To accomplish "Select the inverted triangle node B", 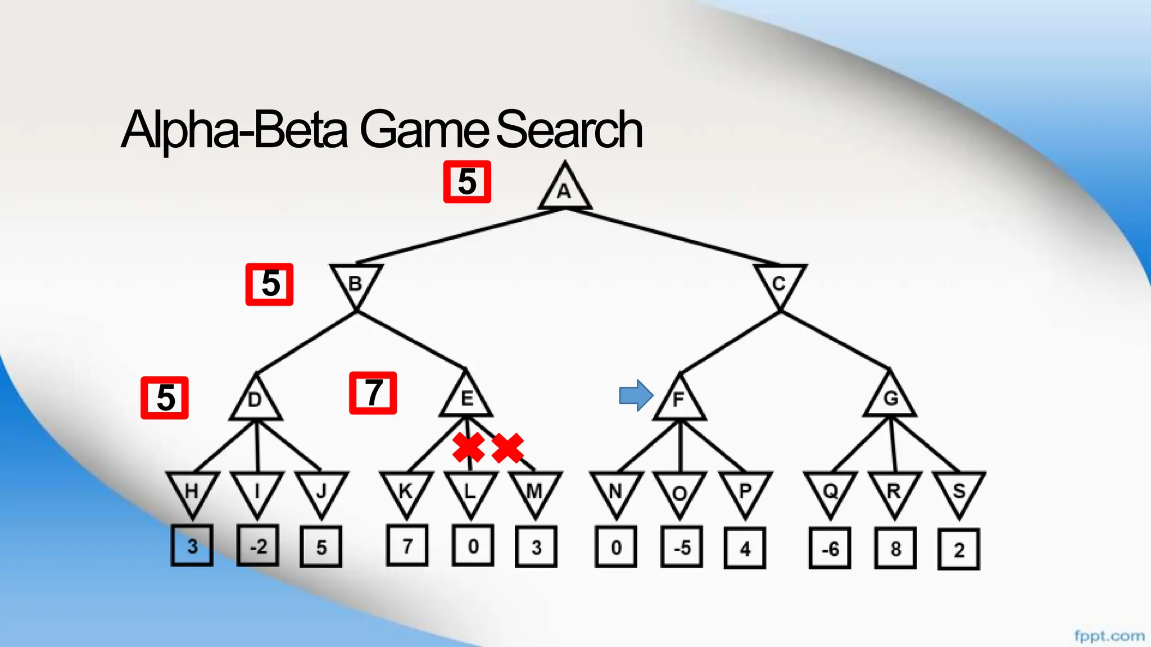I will tap(356, 283).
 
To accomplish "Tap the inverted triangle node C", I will tap(780, 283).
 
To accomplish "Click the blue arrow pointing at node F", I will tap(636, 395).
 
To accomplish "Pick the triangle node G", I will tap(890, 398).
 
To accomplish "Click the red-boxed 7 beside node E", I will tap(373, 393).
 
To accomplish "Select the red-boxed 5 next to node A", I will tap(467, 182).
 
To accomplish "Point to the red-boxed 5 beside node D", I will tap(165, 398).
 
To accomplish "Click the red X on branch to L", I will tap(469, 448).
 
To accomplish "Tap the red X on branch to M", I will tap(507, 448).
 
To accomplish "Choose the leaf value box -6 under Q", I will tap(830, 548).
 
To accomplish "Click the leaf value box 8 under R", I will tap(895, 548).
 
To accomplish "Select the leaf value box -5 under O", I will tap(681, 547).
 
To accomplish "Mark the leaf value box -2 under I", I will tap(258, 546).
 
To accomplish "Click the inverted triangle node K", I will tap(406, 491).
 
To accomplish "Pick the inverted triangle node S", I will tap(959, 491).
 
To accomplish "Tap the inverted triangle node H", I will tap(192, 491).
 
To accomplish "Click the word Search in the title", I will tap(569, 130).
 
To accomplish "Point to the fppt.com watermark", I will tap(1109, 636).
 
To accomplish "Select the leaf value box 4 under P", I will tap(745, 548).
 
